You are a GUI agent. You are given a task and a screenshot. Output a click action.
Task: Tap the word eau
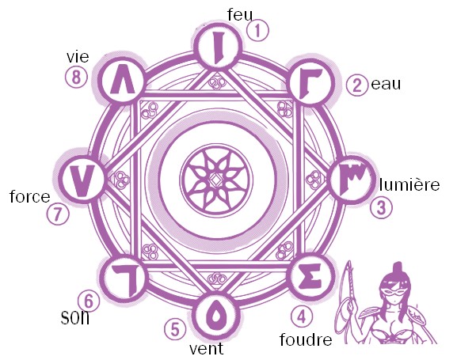click(x=387, y=84)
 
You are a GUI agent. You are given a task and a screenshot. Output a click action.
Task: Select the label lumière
click(x=409, y=184)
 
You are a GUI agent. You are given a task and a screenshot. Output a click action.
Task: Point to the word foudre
click(x=306, y=339)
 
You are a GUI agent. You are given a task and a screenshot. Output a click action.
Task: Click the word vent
click(x=207, y=348)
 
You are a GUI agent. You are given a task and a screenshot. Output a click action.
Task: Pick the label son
click(x=75, y=317)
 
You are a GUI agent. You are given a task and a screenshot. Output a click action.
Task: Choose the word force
click(x=30, y=196)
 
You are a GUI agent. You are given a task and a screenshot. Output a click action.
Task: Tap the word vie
click(x=78, y=57)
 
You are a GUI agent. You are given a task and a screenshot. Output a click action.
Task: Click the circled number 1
click(x=257, y=31)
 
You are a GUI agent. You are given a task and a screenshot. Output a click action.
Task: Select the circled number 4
click(x=302, y=316)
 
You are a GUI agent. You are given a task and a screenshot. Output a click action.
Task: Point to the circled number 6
click(x=89, y=301)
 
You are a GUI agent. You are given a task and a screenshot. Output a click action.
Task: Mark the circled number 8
click(x=76, y=78)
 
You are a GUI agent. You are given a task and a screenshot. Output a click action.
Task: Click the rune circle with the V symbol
click(x=82, y=178)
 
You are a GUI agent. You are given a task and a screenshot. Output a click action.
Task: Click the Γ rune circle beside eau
click(x=310, y=81)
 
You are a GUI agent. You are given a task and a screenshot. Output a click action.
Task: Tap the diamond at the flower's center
click(x=216, y=180)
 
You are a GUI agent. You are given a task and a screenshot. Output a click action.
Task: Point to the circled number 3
click(x=381, y=208)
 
